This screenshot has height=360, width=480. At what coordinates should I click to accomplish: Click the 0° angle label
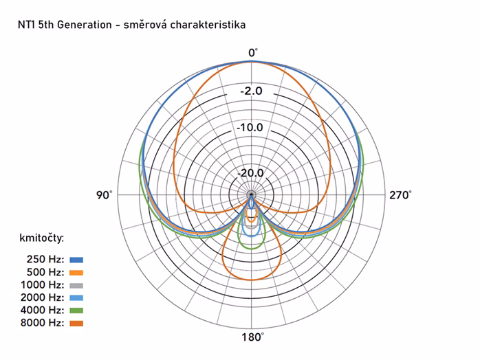tap(252, 52)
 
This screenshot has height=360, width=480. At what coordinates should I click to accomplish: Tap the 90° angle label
tap(105, 196)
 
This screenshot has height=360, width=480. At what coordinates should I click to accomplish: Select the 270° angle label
tap(400, 196)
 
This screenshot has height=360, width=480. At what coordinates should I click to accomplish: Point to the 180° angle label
tap(252, 337)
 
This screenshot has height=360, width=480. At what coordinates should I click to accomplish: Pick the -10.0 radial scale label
tap(251, 128)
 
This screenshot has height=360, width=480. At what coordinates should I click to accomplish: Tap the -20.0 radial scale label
tap(251, 172)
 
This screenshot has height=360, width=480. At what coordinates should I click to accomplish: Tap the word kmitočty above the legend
tap(42, 238)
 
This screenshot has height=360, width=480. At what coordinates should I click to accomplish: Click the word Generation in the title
tap(77, 24)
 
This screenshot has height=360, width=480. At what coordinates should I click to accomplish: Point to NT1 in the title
tap(27, 24)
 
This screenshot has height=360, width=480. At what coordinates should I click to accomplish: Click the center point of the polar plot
tap(252, 196)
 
